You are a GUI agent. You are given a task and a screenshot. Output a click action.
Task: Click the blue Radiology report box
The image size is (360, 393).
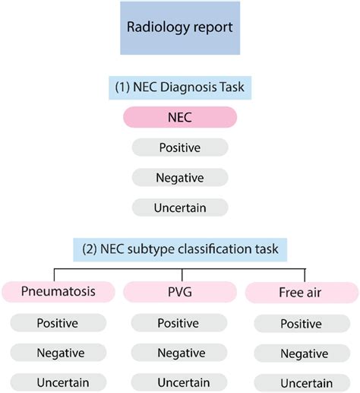180,28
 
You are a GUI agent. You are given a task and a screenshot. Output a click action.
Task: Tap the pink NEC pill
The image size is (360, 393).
180,118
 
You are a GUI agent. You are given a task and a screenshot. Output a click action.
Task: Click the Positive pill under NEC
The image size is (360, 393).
180,147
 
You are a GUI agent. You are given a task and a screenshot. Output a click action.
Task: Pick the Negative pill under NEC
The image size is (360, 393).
180,177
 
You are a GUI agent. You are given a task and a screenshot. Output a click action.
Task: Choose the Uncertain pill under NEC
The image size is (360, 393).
180,207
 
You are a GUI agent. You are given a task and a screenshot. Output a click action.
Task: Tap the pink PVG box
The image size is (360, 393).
180,291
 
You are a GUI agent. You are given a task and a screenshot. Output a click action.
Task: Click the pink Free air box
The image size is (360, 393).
303,293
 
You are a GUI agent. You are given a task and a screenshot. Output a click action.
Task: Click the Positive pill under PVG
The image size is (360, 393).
180,323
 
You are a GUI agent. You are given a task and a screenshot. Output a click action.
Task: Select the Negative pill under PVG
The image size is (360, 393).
180,353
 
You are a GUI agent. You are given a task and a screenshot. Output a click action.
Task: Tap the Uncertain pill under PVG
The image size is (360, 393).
180,382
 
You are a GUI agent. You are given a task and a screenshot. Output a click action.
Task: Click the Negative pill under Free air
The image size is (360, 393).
303,353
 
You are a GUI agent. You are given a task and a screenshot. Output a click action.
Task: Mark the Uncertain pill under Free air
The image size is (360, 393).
303,383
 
